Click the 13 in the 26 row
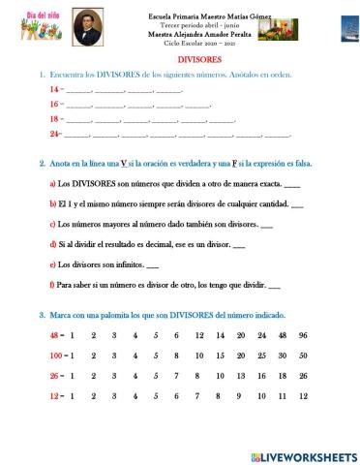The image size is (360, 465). coord(219,375)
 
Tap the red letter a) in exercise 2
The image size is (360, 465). coord(52,183)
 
